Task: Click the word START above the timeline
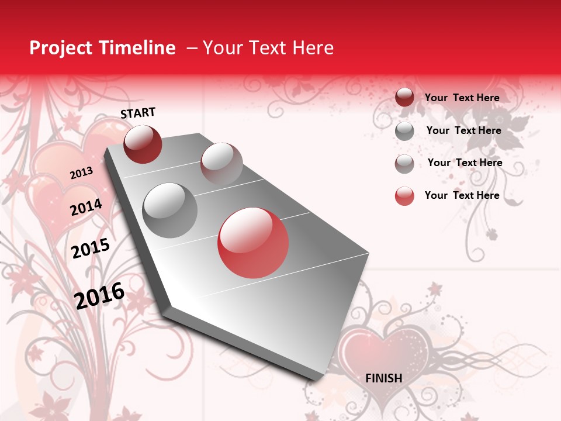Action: tap(138, 113)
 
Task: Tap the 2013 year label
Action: tap(81, 172)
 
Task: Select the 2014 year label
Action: tap(86, 207)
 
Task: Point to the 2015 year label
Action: tap(90, 249)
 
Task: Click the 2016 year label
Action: tap(99, 295)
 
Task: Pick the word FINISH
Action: tap(383, 378)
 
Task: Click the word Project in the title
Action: tap(61, 48)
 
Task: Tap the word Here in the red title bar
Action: tap(313, 48)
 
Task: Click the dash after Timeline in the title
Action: tap(192, 48)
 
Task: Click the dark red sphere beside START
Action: tap(143, 144)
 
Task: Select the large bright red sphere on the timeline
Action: tap(253, 243)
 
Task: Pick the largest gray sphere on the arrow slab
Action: tap(169, 210)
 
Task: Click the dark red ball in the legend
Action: tap(404, 98)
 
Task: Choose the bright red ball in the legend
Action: tap(404, 196)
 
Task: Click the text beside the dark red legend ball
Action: tap(462, 98)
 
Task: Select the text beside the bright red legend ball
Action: tap(462, 195)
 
